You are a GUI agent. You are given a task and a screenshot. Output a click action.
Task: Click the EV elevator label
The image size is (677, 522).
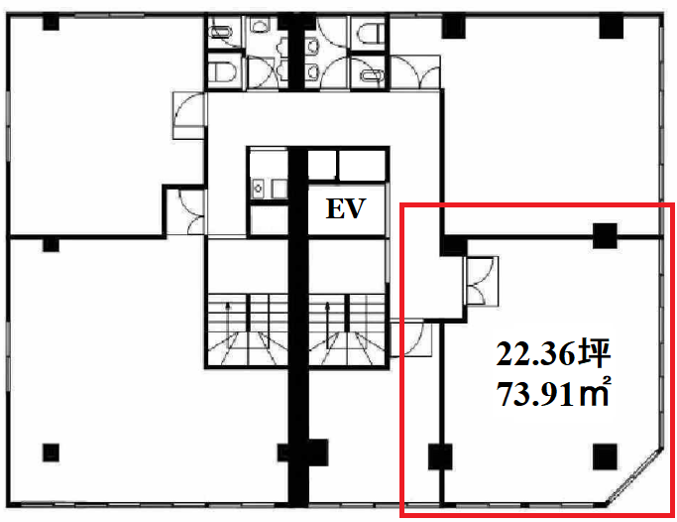point(346,208)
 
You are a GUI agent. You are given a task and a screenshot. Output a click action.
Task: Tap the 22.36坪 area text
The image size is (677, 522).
point(553,354)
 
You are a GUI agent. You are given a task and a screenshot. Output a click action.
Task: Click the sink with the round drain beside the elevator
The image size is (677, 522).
point(258,189)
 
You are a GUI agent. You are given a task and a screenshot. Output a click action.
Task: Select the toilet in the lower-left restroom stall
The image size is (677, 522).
point(223,71)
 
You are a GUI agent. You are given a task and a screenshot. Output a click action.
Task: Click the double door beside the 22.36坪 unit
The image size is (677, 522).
point(481,281)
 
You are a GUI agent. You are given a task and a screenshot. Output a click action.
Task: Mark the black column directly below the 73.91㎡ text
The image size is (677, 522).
point(605,457)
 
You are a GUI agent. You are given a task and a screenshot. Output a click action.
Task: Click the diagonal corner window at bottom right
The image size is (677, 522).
point(633,475)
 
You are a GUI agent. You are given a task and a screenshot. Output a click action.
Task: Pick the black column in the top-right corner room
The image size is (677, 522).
point(612,27)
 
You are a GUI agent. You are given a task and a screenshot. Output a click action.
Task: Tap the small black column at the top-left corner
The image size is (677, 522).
point(51,22)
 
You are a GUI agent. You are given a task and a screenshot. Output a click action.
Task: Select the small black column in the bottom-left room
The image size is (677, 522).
point(51,453)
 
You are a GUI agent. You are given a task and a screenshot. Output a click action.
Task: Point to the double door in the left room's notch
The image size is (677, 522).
point(191,211)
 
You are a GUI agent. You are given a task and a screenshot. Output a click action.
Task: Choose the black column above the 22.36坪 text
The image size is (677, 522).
point(605,235)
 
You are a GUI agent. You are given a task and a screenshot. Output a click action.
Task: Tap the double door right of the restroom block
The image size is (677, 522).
point(414,72)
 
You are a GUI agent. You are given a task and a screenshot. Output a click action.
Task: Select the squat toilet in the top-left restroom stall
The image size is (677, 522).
point(221,33)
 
